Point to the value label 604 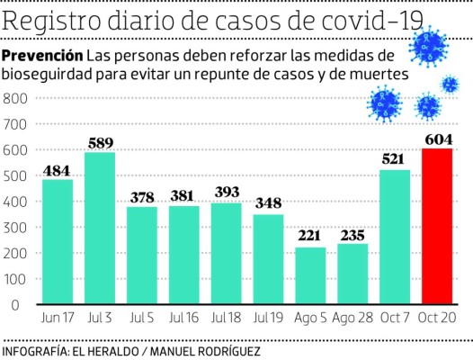pos(438,138)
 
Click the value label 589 pos(100,142)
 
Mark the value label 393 pos(227,193)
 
